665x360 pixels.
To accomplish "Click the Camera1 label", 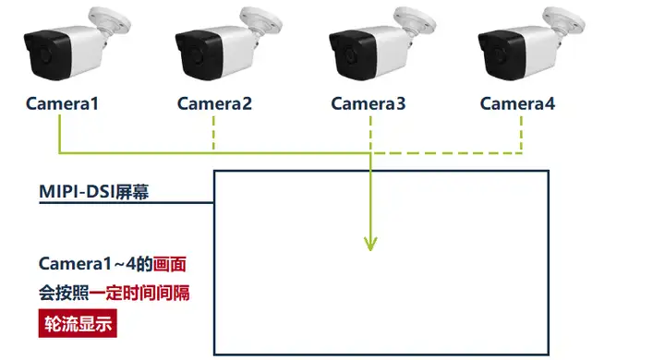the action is pyautogui.click(x=62, y=103).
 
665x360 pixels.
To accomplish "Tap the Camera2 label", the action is pyautogui.click(x=214, y=103).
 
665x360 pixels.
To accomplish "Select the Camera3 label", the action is pyautogui.click(x=368, y=103).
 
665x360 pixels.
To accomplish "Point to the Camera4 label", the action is pyautogui.click(x=517, y=103).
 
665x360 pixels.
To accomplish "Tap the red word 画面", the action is pyautogui.click(x=171, y=265).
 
